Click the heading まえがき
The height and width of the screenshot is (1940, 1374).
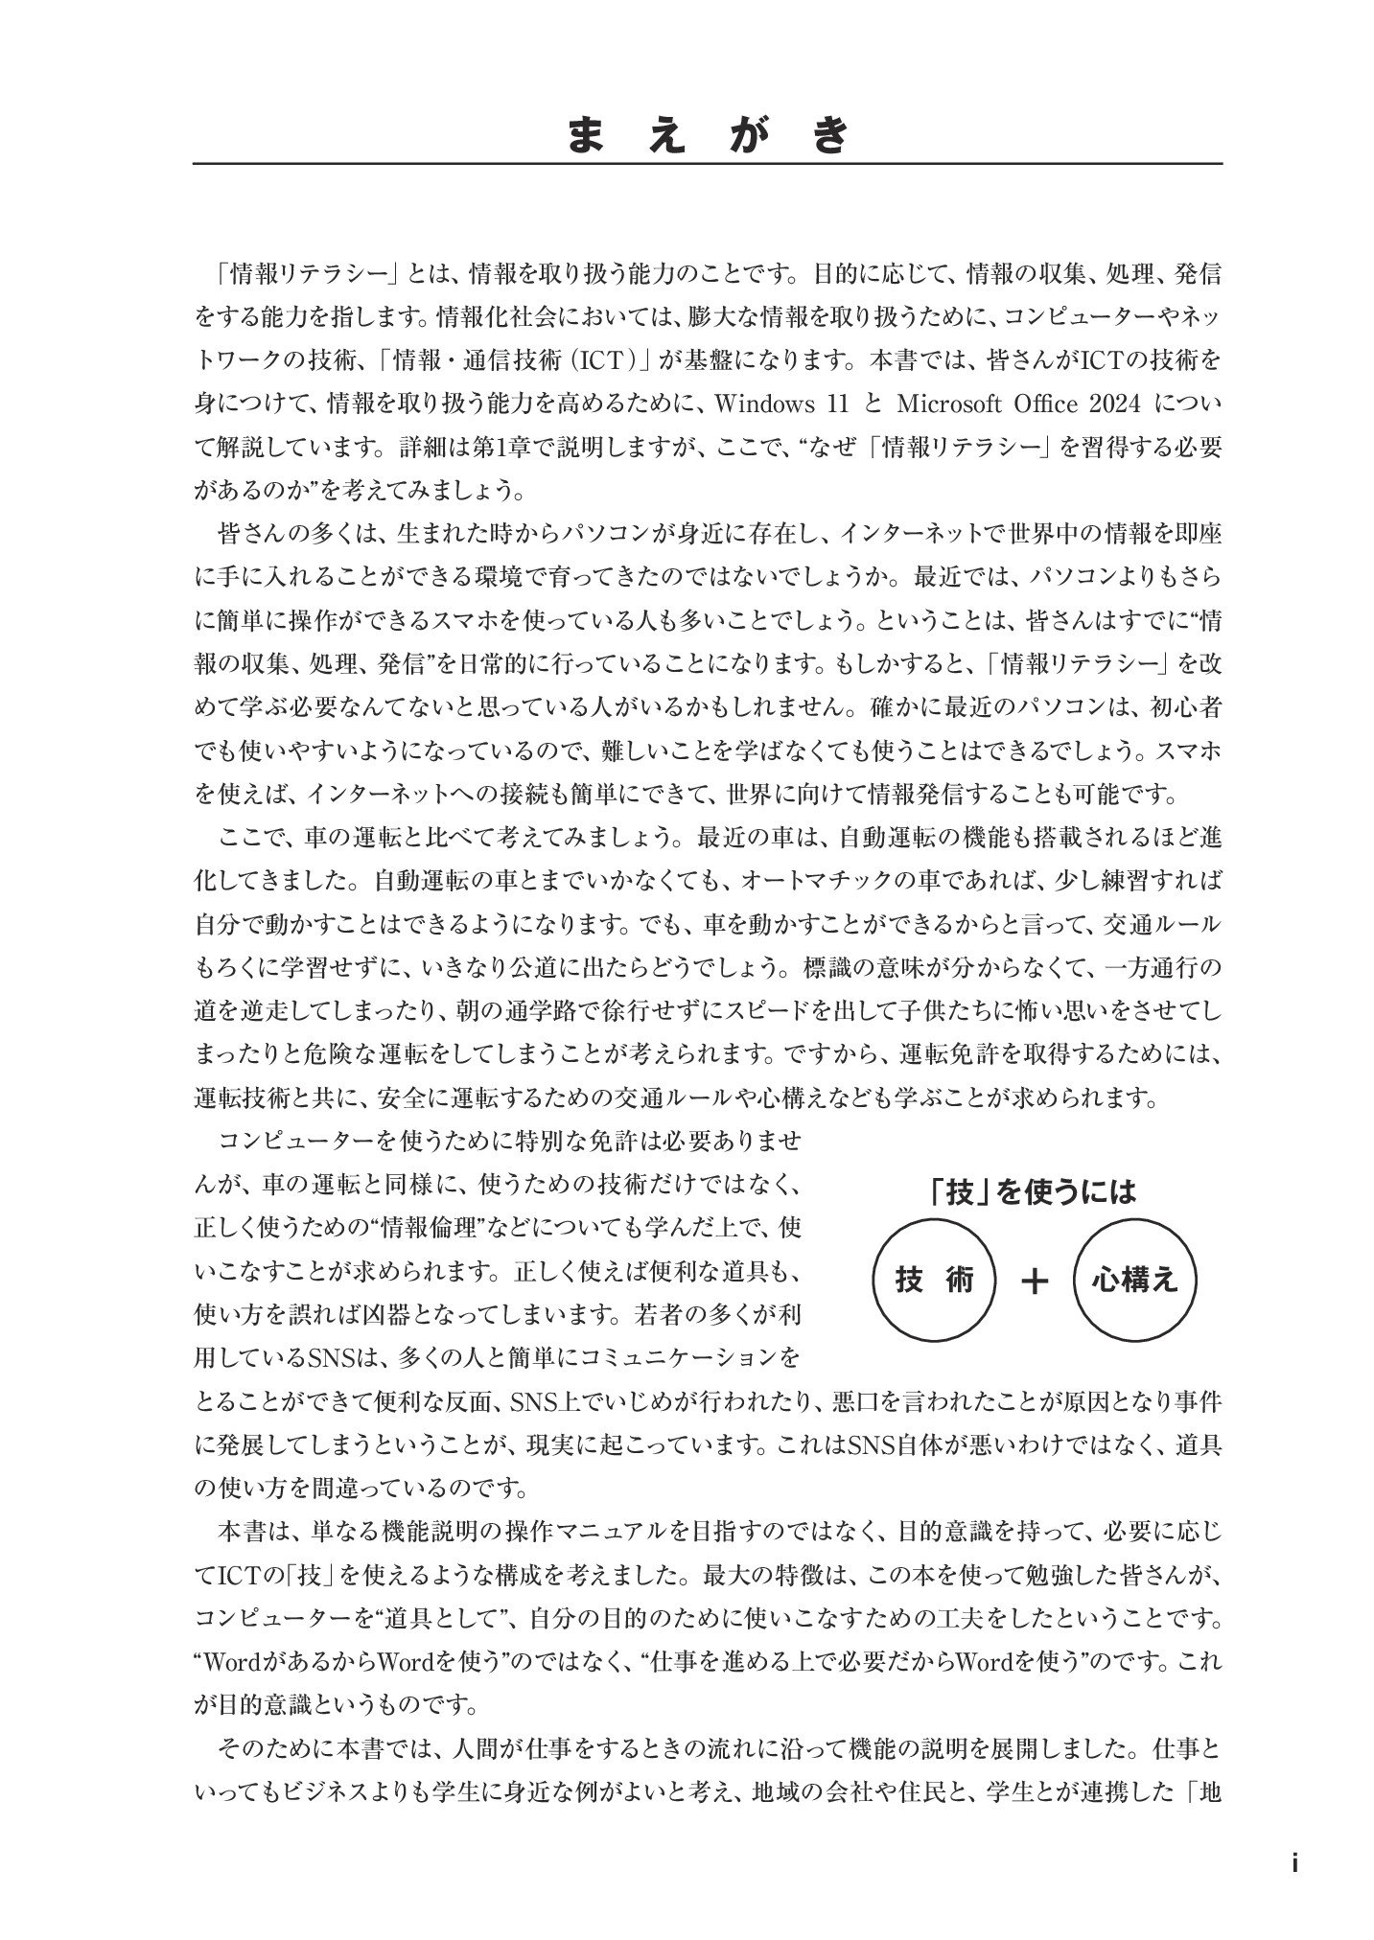point(708,135)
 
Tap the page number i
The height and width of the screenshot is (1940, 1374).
point(1294,1862)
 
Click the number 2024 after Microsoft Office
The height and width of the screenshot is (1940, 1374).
point(1113,404)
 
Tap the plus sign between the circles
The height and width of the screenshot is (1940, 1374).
point(1035,1282)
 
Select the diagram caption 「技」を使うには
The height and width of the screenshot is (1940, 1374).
point(1033,1190)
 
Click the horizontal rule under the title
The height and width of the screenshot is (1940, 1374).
point(708,164)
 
